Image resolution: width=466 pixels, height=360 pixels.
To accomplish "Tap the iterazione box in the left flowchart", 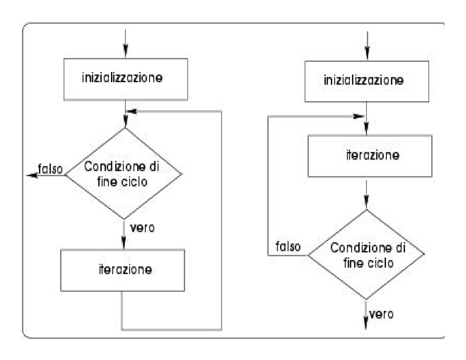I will pos(123,270).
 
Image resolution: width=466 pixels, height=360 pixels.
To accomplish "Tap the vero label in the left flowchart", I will pos(144,228).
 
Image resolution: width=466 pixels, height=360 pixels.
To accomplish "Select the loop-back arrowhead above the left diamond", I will pos(131,111).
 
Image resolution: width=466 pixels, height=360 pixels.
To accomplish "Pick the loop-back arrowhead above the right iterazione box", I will pos(359,116).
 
